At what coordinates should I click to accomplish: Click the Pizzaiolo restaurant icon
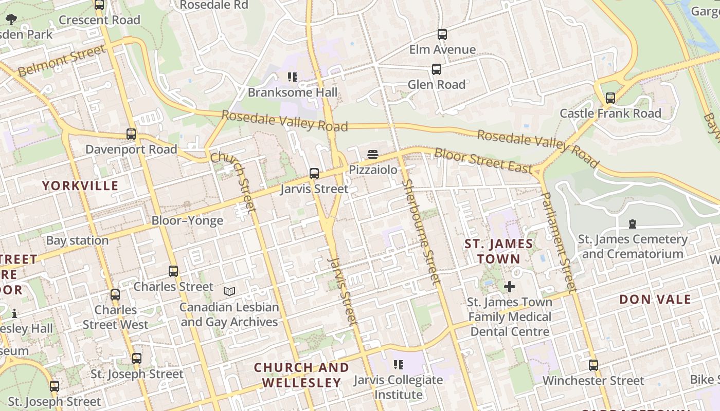point(373,154)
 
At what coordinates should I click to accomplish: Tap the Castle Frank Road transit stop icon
point(610,98)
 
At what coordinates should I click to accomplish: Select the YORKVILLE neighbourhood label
point(80,185)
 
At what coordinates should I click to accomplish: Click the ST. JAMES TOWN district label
point(499,251)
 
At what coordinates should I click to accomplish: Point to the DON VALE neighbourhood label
point(655,300)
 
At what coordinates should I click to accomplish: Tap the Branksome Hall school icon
point(293,77)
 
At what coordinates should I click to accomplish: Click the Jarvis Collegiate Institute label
point(398,387)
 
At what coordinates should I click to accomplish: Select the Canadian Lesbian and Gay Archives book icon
point(229,291)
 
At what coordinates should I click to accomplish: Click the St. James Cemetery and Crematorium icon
point(632,223)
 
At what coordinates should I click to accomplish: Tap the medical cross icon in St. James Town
point(510,286)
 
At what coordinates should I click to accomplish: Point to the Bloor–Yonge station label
point(187,220)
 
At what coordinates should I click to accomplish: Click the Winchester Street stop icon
point(593,365)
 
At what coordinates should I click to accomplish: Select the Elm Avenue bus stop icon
point(442,34)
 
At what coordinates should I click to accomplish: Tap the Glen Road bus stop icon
point(437,69)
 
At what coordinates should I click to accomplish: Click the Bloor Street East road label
point(483,160)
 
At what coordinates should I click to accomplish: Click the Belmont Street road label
point(62,61)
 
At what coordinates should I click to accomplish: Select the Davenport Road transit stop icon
point(131,134)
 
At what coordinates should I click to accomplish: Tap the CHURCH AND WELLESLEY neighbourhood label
point(301,375)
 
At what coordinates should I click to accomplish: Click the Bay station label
point(77,240)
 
